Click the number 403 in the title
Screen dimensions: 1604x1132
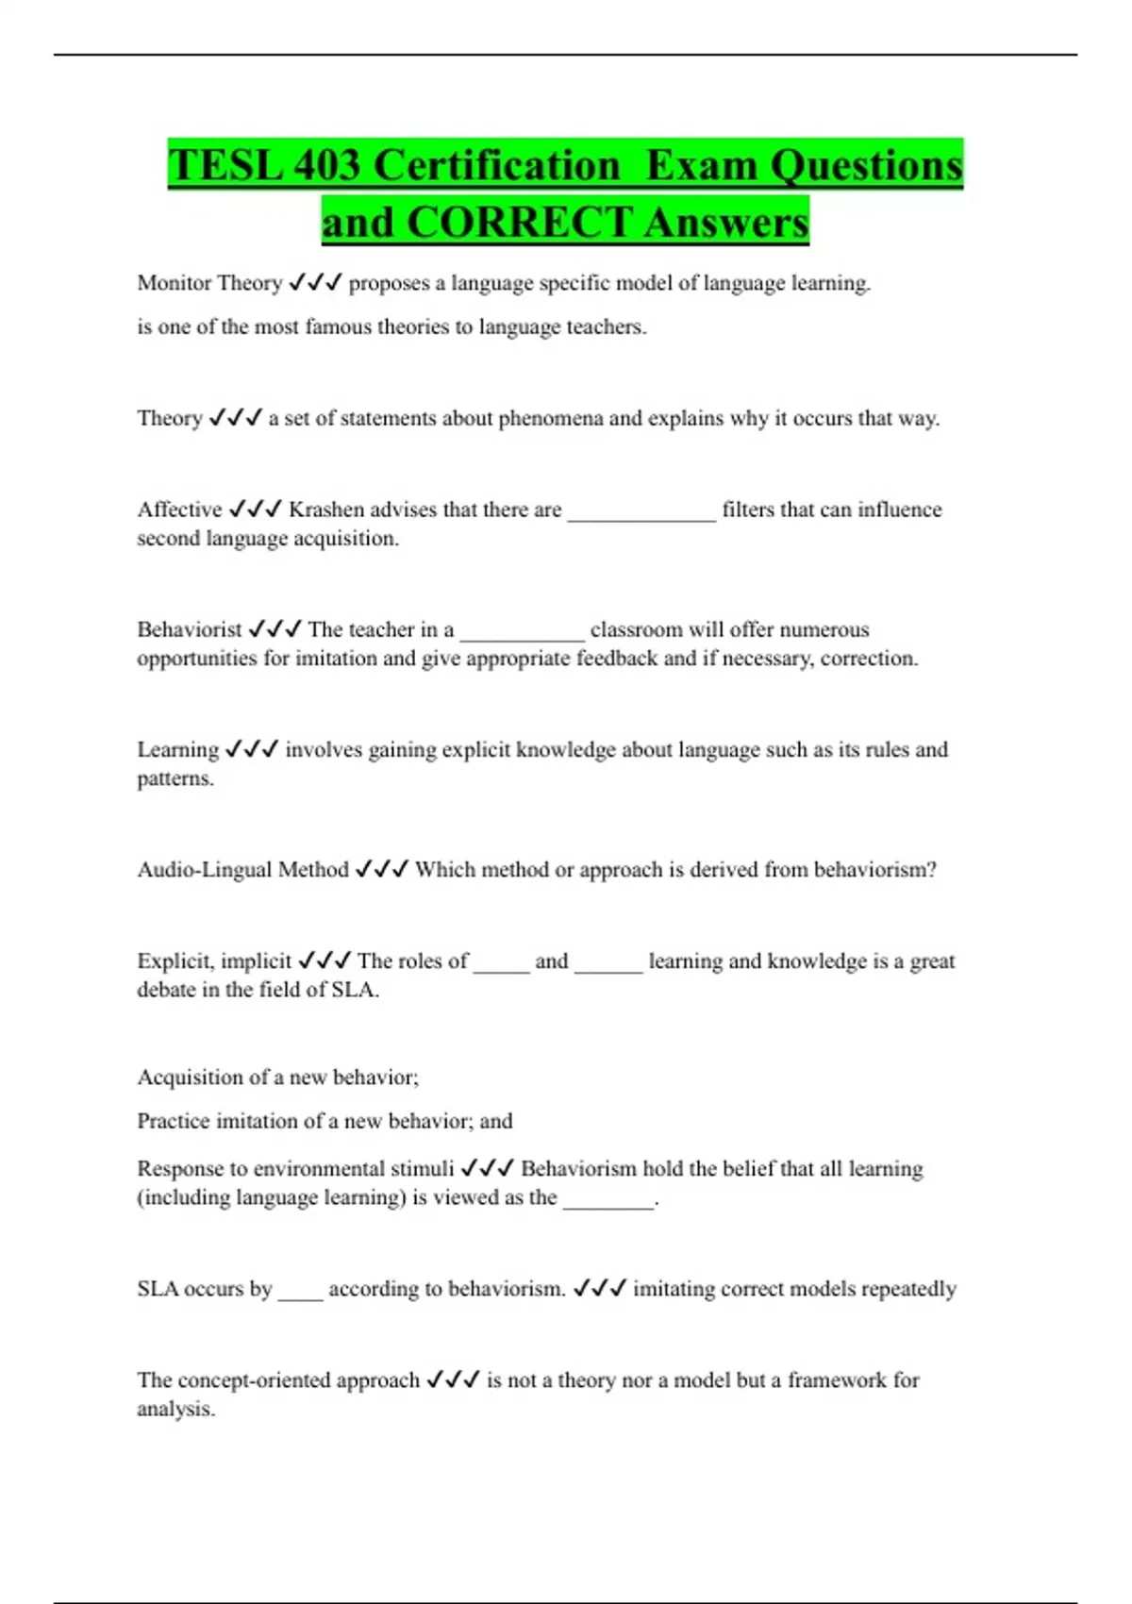(326, 165)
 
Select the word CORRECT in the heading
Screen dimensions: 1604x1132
(520, 223)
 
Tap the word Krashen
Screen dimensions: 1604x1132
(325, 510)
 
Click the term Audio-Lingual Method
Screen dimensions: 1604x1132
(242, 869)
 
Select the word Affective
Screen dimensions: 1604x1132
(179, 510)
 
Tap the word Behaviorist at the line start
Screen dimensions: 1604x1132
(190, 629)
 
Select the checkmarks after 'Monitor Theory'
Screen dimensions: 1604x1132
(315, 283)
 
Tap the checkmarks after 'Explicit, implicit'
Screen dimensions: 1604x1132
(325, 961)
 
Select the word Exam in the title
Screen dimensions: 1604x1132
(701, 165)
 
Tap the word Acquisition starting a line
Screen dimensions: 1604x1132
(190, 1078)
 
